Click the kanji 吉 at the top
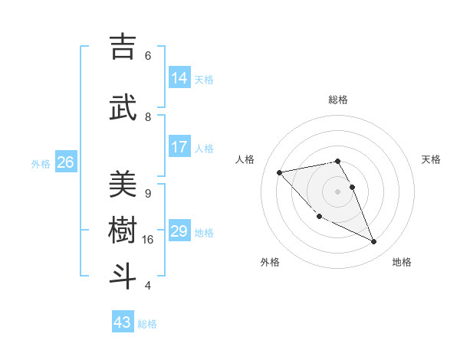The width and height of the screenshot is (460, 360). tap(123, 47)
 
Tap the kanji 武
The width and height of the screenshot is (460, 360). tap(123, 108)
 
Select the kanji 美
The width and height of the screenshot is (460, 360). tap(123, 185)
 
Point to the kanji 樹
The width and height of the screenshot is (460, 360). tap(123, 231)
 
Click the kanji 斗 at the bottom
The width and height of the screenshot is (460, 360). tap(123, 277)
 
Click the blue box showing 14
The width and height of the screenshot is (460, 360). tap(179, 78)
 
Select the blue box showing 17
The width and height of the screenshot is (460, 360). tap(179, 147)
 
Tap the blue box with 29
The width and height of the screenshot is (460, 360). tap(179, 231)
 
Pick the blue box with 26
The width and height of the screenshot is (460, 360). tap(65, 162)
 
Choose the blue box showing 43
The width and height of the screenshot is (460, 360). tap(123, 322)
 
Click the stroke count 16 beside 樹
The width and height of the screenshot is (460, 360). tap(148, 240)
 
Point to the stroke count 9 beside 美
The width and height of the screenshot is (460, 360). tap(148, 193)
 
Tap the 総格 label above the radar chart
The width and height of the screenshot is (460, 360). tap(338, 100)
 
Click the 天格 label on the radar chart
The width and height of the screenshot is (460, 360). tap(432, 159)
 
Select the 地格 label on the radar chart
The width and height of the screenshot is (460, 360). tap(402, 262)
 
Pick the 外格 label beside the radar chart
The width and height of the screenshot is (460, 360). tap(270, 262)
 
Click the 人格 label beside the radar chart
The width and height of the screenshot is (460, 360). tap(245, 159)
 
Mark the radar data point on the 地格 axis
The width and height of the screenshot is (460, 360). tap(374, 242)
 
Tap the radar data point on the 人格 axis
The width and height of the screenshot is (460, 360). tap(280, 172)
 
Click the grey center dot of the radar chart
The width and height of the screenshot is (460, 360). tap(338, 191)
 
